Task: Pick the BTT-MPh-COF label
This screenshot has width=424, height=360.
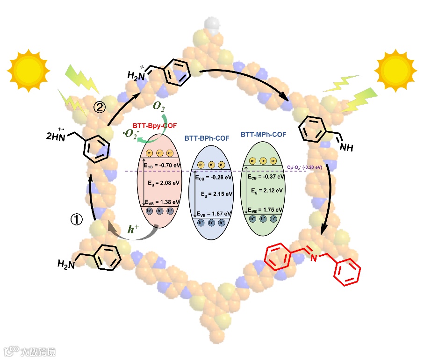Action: pos(264,135)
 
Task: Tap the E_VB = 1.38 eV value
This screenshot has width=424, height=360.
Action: pos(161,202)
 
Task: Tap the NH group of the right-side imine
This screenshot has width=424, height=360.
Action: pos(346,149)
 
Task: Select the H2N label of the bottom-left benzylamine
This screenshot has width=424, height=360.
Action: pos(65,264)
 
